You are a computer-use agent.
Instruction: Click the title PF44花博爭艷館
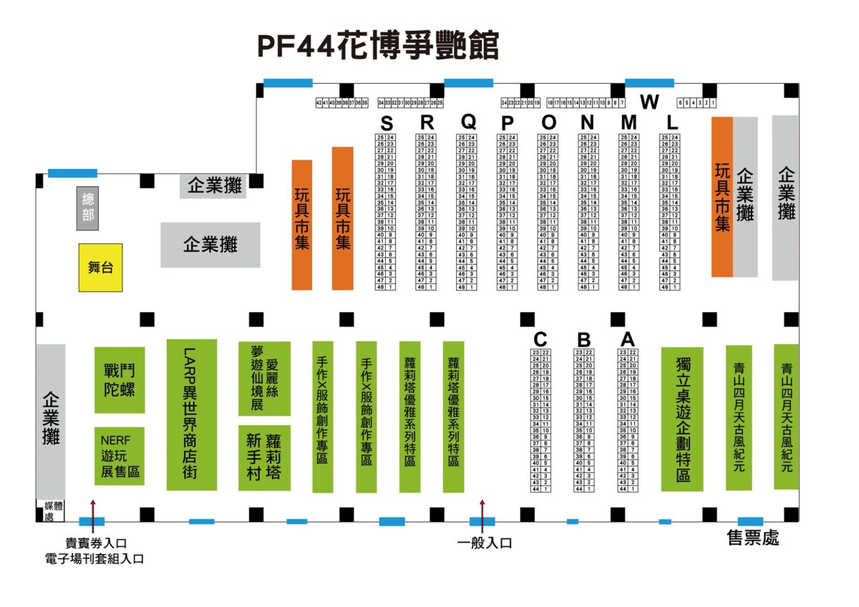point(378,46)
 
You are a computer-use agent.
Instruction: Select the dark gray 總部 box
point(88,208)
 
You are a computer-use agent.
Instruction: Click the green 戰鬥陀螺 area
point(120,380)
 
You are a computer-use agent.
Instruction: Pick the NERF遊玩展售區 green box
point(120,456)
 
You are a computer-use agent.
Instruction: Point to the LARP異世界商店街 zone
point(191,414)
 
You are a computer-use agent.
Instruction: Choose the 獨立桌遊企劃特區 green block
point(681,419)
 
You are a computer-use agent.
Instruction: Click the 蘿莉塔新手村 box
point(264,457)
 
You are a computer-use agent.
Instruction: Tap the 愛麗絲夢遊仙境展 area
point(264,379)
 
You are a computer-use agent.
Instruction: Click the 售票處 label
point(752,538)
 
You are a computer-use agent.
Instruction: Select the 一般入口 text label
point(485,543)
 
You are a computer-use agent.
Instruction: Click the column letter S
point(387,122)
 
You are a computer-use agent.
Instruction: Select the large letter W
point(649,102)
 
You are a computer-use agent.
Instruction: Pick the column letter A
point(628,339)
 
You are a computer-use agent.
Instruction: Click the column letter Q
point(467,122)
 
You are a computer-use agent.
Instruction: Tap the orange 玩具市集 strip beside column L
point(722,197)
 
